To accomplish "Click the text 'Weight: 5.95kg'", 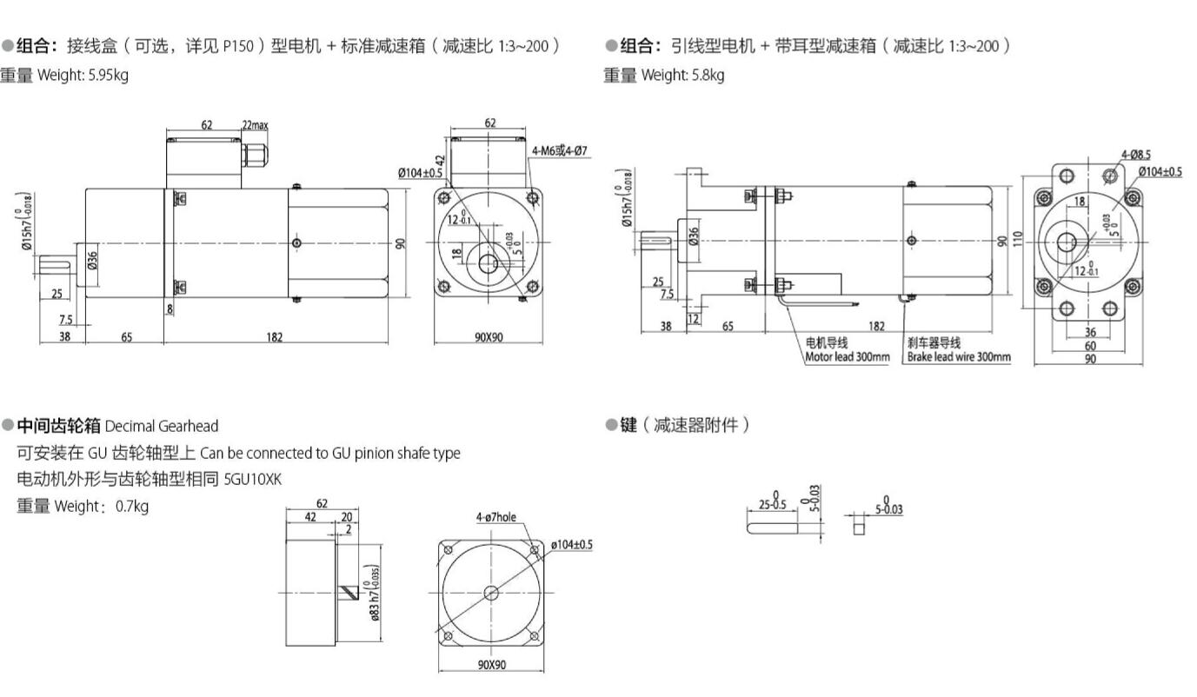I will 83,75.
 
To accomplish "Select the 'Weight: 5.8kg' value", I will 682,75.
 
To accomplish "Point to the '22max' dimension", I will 256,125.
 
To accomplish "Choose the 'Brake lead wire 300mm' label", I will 959,356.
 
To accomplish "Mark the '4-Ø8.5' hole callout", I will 1135,155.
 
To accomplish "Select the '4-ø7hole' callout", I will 495,517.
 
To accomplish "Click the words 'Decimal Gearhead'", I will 162,426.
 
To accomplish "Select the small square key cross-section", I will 859,527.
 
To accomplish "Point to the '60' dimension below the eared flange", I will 1089,345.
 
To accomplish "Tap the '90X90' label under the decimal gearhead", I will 491,665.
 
